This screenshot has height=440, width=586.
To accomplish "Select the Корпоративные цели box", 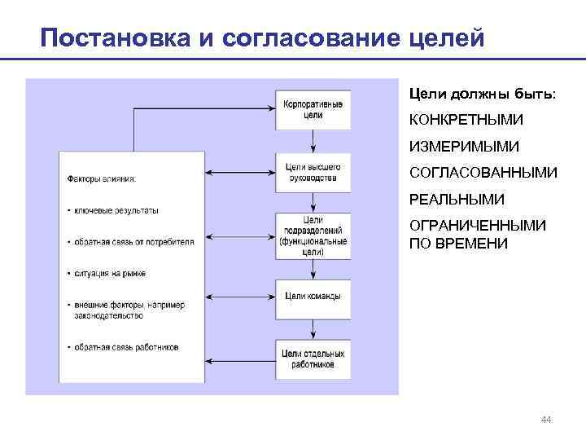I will tap(313, 109).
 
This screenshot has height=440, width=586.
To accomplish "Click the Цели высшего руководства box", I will tap(313, 173).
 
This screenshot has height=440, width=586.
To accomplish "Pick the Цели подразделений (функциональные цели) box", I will tap(313, 236).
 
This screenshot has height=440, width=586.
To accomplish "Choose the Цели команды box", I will tap(313, 296).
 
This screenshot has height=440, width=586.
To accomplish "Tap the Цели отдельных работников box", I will tap(313, 359).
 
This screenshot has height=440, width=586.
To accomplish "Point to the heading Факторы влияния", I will tap(102, 179).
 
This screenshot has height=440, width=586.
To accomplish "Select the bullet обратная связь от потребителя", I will tap(133, 242).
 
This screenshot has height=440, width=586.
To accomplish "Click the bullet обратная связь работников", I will tap(127, 348).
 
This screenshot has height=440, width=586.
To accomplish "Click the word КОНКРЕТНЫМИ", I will tap(466, 121).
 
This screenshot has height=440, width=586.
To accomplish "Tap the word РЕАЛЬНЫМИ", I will tap(457, 200).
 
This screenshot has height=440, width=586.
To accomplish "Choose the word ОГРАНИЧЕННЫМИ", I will tap(477, 226).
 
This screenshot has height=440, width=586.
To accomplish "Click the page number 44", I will tap(545, 420).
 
